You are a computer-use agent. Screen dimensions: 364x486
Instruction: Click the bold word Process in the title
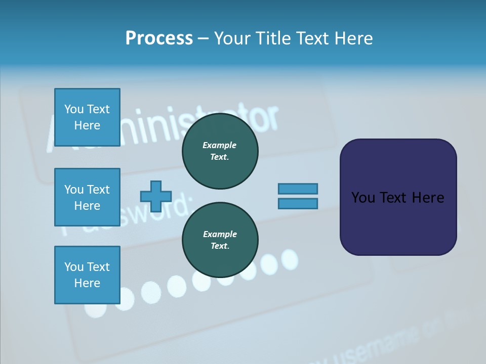click(x=159, y=38)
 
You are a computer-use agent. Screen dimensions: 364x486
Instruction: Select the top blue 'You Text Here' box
click(x=87, y=117)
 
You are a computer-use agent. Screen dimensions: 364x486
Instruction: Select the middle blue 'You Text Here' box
click(x=87, y=197)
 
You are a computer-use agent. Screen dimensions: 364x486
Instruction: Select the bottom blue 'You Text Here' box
click(x=87, y=275)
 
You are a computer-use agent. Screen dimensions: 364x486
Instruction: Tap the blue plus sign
click(x=156, y=196)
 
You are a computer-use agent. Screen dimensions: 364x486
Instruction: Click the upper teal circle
click(x=220, y=151)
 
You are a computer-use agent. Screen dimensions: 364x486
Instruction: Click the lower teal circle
click(x=220, y=240)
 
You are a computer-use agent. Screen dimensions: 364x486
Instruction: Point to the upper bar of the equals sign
click(x=298, y=189)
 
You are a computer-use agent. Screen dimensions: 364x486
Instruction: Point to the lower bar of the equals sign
click(x=298, y=203)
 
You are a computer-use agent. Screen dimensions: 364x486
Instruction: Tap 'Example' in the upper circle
click(x=220, y=145)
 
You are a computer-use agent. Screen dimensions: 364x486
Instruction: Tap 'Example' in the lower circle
click(x=220, y=234)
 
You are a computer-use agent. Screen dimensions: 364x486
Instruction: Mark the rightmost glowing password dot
click(x=289, y=258)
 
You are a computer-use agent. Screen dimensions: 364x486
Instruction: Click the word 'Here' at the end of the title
click(x=355, y=38)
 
